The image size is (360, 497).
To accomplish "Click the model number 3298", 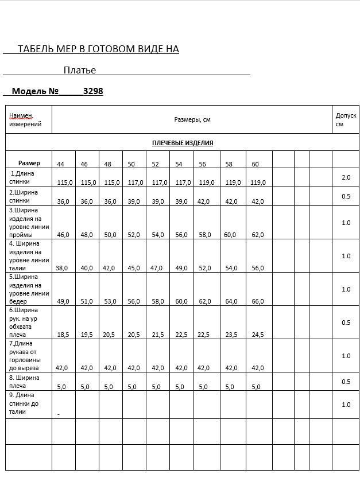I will (x=93, y=91).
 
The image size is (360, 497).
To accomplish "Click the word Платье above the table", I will (x=80, y=71).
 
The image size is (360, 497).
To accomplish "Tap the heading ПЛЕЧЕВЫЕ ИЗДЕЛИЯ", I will (x=183, y=143).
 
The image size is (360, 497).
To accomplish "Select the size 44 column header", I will (x=60, y=164).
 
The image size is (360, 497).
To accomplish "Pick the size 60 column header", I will (x=255, y=164).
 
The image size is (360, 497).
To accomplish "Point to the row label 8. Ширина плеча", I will (x=24, y=382).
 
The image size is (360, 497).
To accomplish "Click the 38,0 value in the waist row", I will (x=62, y=268).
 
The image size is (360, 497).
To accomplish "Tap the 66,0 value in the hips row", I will (x=258, y=301).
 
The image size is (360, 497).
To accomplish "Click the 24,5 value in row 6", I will (x=258, y=335).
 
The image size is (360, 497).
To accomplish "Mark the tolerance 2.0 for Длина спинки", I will (x=346, y=177).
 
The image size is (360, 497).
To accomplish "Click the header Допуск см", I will (x=346, y=119).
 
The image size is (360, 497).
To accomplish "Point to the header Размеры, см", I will (x=192, y=119).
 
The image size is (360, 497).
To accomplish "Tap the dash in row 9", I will (x=59, y=413).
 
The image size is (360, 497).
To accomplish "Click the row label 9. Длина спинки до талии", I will (x=23, y=403).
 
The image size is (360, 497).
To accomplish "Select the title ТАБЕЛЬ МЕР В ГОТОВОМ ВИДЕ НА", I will (x=98, y=49).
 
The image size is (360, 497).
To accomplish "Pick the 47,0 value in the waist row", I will (x=156, y=268).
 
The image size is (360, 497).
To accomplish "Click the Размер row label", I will (x=29, y=163).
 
